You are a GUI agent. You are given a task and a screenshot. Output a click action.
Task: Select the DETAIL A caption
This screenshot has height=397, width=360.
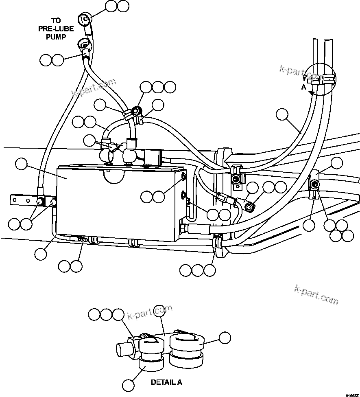(x=166, y=382)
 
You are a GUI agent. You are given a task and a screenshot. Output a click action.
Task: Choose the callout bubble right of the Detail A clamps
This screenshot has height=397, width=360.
(x=225, y=338)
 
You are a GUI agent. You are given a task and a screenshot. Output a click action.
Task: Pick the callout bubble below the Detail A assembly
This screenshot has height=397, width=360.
(x=128, y=385)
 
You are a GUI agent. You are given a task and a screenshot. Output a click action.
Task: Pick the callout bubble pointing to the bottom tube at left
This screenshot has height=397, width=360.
(x=41, y=254)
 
